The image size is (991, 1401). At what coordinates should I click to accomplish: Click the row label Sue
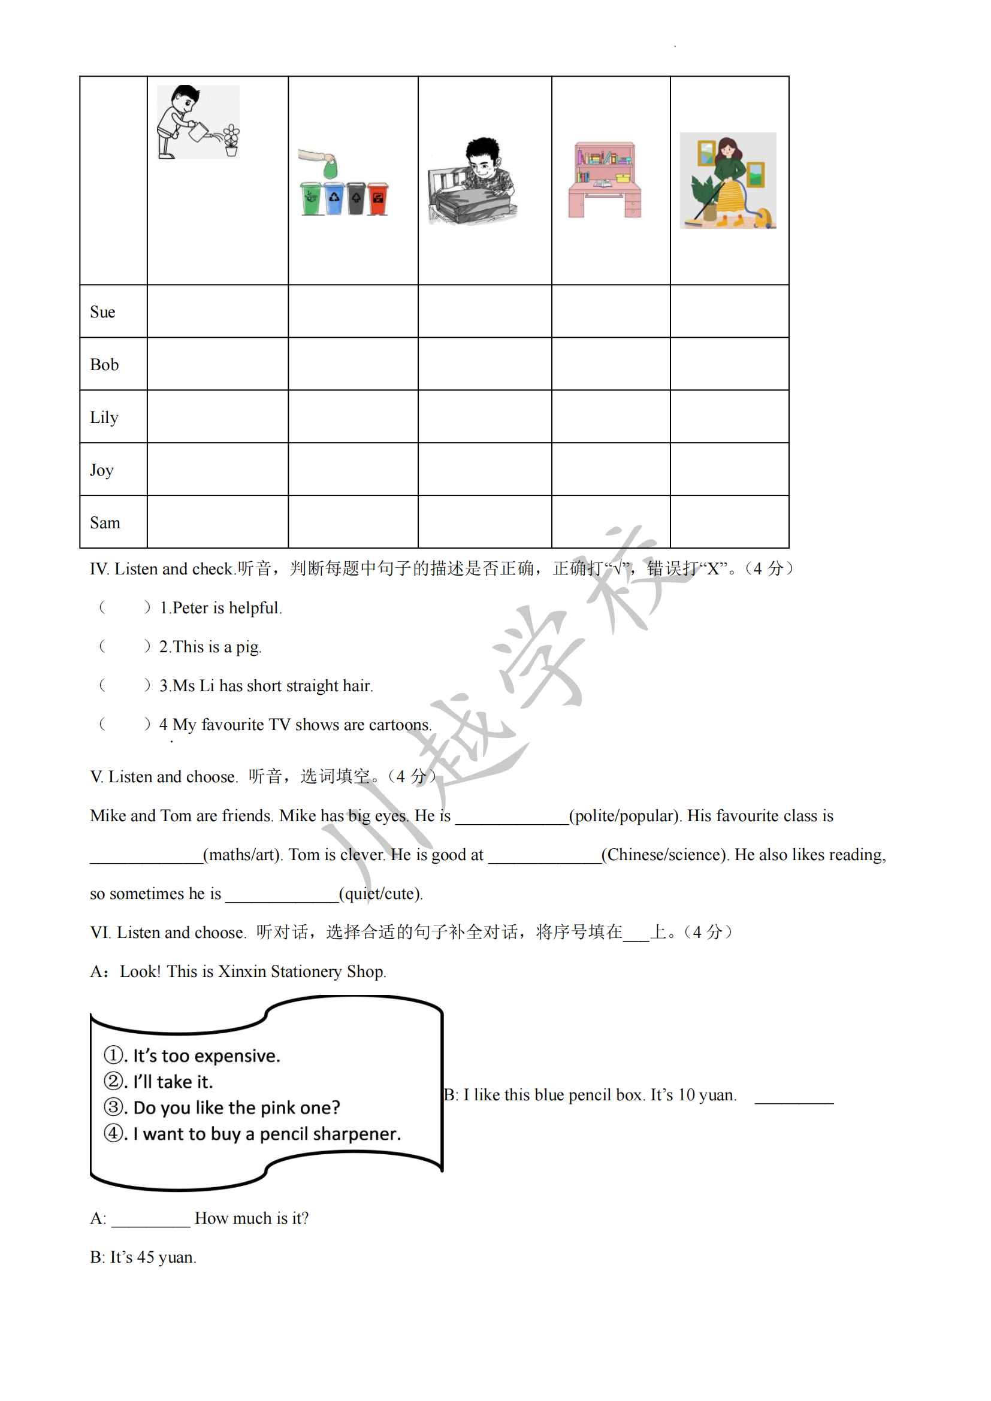pyautogui.click(x=102, y=312)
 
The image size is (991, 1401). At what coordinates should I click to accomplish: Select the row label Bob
pyautogui.click(x=104, y=364)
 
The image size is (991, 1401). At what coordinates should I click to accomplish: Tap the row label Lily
pyautogui.click(x=104, y=417)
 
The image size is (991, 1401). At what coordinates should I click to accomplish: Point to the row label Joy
pyautogui.click(x=102, y=470)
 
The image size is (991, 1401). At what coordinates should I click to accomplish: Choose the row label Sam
pyautogui.click(x=105, y=523)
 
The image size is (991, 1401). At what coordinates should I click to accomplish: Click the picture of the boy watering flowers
pyautogui.click(x=198, y=122)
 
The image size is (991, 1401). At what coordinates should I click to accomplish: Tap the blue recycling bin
pyautogui.click(x=334, y=198)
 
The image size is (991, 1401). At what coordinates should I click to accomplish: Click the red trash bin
pyautogui.click(x=378, y=198)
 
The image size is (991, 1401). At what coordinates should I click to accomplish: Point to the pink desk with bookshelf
pyautogui.click(x=604, y=180)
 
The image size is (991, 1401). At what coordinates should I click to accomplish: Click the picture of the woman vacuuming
pyautogui.click(x=727, y=181)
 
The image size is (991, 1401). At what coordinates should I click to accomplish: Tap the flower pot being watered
pyautogui.click(x=231, y=141)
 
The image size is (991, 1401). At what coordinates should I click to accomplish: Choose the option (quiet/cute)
pyautogui.click(x=380, y=894)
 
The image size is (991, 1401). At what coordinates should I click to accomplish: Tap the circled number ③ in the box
pyautogui.click(x=114, y=1107)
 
